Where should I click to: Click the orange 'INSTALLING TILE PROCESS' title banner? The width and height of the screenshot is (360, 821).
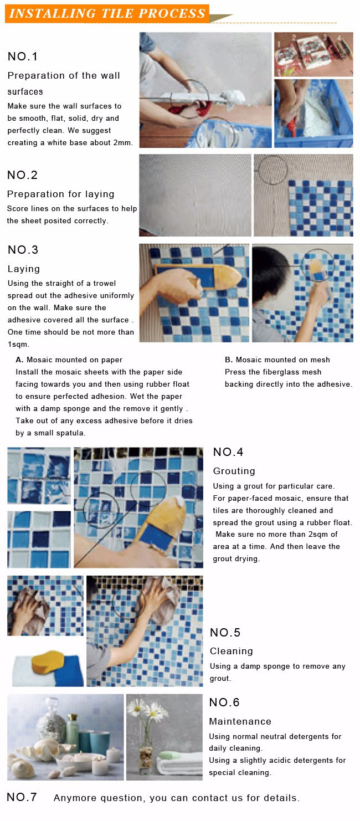click(x=107, y=13)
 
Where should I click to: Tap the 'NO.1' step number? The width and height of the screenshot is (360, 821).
click(x=23, y=57)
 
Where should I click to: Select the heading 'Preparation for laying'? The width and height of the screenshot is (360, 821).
click(x=60, y=194)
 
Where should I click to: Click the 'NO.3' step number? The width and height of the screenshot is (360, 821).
click(x=23, y=250)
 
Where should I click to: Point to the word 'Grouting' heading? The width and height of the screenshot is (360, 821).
click(x=234, y=471)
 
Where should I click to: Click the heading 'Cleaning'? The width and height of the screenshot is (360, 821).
click(x=232, y=651)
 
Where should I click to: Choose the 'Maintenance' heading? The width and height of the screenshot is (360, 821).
click(x=240, y=721)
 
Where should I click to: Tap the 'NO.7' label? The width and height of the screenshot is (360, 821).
click(x=22, y=797)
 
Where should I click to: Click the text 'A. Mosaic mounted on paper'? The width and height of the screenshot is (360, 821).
click(x=69, y=360)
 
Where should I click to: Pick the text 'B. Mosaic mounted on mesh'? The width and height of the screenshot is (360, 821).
click(x=277, y=360)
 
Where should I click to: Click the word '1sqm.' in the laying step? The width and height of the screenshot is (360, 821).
click(x=18, y=345)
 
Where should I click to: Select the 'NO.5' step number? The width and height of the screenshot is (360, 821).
click(x=225, y=632)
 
